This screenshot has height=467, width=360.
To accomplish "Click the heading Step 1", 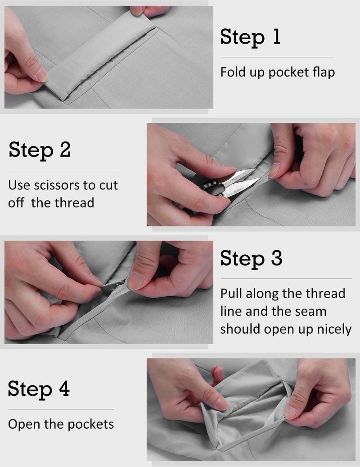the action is point(250,37).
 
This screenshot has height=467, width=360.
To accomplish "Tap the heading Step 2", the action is point(40,150).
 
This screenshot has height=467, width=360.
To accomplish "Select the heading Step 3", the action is point(251,258).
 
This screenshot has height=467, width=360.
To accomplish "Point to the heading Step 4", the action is point(39,389).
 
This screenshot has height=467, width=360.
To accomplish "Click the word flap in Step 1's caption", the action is point(324,73).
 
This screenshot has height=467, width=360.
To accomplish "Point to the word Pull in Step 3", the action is point(231,293).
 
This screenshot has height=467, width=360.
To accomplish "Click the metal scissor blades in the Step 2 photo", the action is point(238,182).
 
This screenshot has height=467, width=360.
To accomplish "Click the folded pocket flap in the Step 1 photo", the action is point(100,55).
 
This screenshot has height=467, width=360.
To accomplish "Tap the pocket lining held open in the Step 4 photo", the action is point(244,408).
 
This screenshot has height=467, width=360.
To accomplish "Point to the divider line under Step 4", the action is point(61,409).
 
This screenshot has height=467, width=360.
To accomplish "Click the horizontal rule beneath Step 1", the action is point(278,57).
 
